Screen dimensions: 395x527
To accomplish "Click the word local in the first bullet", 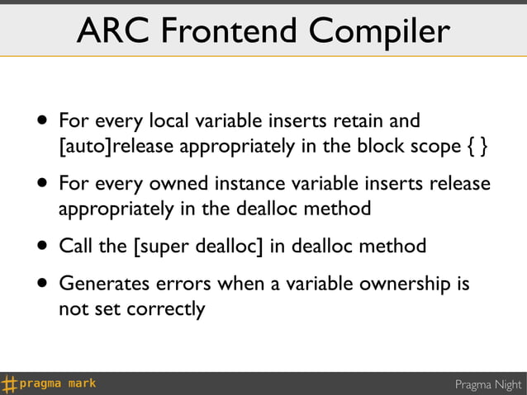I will [x=168, y=121].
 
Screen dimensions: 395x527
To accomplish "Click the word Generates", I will [x=101, y=284].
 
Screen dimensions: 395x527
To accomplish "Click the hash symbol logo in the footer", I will [x=10, y=383].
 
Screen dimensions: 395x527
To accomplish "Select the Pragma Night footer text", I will [x=489, y=384].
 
